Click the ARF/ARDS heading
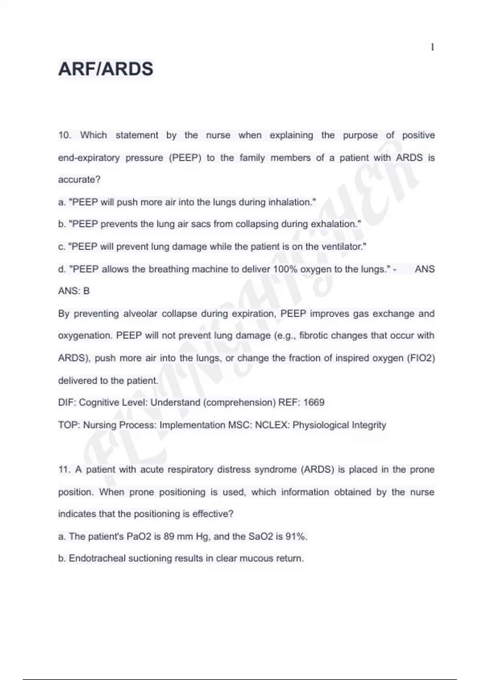[x=106, y=69]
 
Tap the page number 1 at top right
[x=432, y=47]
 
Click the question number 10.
[x=64, y=135]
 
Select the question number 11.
[x=64, y=470]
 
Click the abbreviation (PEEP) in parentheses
[x=185, y=158]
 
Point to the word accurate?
[x=79, y=180]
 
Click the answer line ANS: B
[x=74, y=291]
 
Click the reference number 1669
[x=314, y=402]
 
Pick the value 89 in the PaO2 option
[x=169, y=536]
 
